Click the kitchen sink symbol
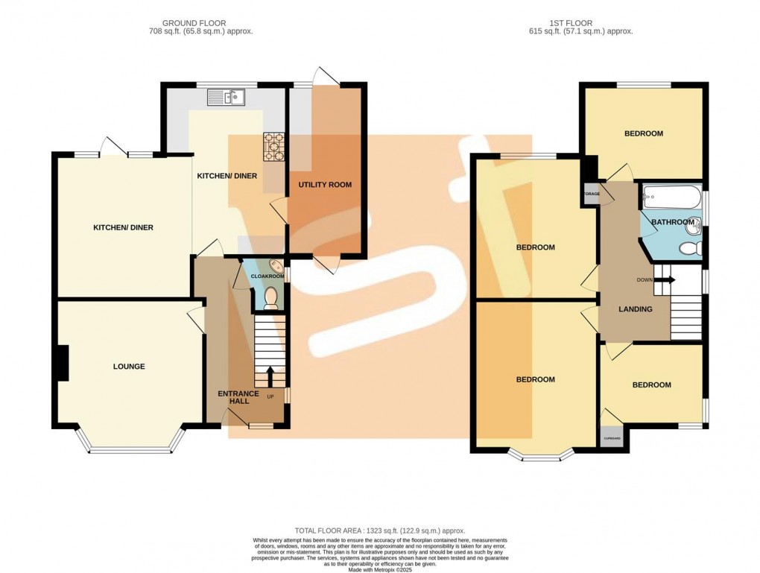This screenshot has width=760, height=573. [227, 95]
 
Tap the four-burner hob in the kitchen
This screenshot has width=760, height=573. [273, 147]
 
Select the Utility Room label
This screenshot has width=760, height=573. [325, 185]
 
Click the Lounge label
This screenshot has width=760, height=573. [129, 367]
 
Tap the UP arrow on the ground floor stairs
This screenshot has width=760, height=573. [270, 373]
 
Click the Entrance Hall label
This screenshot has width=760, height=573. [238, 397]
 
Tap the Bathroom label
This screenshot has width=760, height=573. [673, 222]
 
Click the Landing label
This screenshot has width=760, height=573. [636, 309]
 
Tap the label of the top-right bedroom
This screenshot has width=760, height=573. [644, 134]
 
